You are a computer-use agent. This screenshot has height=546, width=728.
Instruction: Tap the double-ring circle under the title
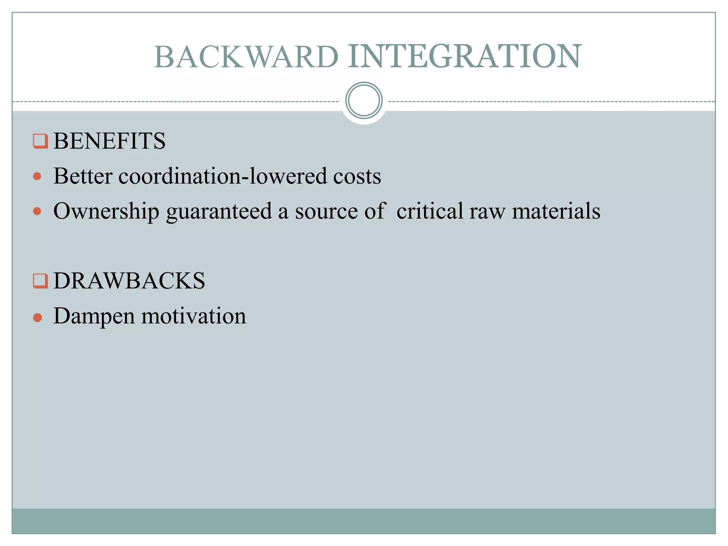364,100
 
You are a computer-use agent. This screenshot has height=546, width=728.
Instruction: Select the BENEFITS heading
109,141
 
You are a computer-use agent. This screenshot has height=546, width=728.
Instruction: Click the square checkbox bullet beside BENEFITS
40,141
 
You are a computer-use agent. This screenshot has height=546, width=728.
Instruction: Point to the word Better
83,176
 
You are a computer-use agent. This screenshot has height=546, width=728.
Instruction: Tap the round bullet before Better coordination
37,176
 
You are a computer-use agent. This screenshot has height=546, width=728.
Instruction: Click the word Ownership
106,211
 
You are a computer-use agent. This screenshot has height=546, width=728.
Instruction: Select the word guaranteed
219,211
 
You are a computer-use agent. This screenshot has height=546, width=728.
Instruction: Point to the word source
326,211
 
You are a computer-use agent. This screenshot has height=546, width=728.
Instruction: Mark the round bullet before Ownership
37,212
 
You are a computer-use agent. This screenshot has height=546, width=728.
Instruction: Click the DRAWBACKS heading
129,280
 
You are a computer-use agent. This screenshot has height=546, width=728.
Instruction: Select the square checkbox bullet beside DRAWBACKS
40,281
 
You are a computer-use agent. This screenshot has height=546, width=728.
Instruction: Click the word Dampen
94,316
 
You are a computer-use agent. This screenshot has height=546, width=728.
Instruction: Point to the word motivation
194,316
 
